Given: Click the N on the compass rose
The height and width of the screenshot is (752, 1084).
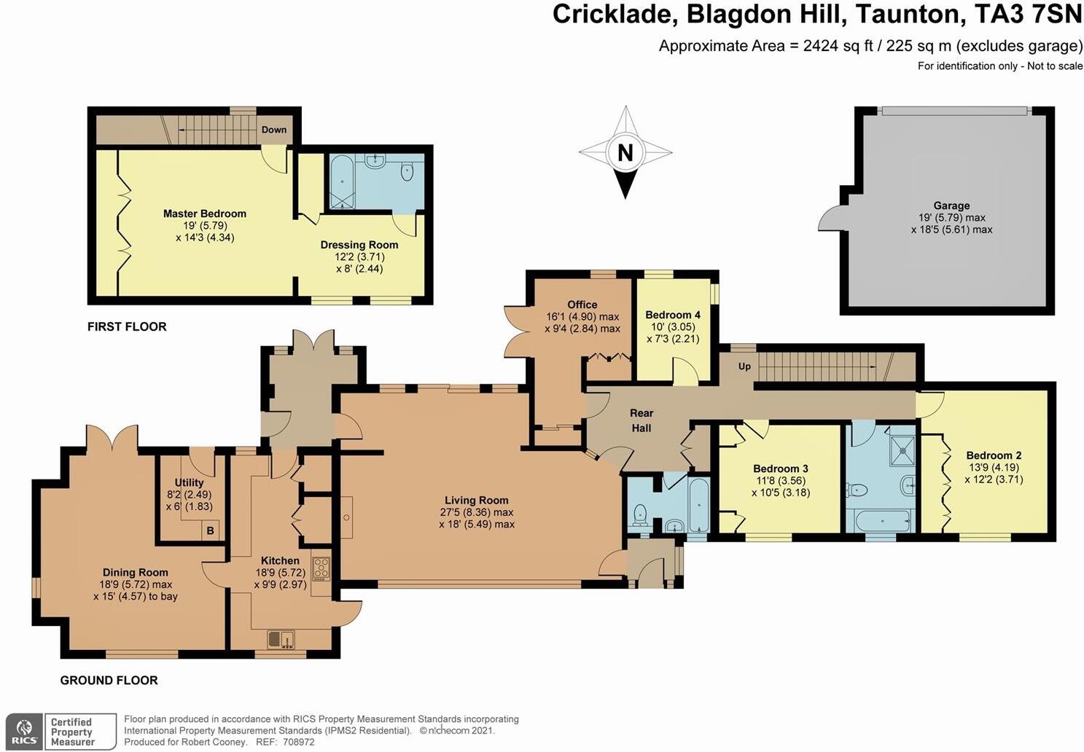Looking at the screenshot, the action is click(x=625, y=153).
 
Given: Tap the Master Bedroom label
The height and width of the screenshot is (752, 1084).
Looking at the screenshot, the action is click(x=205, y=214).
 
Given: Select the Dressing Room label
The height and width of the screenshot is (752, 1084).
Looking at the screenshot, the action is click(x=359, y=245).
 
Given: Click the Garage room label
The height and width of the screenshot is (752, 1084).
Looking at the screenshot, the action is click(x=951, y=205).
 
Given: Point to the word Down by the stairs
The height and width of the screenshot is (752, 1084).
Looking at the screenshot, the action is click(x=274, y=130).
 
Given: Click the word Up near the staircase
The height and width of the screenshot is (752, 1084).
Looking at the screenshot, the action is click(x=744, y=366).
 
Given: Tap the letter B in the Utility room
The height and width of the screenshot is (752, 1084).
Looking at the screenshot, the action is click(x=210, y=530).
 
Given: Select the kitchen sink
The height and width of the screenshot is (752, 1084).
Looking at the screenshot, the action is click(x=281, y=639).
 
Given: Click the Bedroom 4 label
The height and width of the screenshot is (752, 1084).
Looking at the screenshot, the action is click(x=673, y=315).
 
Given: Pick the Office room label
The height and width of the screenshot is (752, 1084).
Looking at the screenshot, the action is click(x=582, y=305).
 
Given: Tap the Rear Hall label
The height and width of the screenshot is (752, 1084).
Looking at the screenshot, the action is click(x=642, y=420).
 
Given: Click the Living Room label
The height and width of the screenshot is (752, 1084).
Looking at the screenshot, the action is click(x=477, y=500).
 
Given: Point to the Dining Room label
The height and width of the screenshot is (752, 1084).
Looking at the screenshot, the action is click(x=135, y=573).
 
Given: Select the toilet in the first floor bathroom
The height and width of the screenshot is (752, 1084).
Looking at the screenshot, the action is click(x=408, y=171).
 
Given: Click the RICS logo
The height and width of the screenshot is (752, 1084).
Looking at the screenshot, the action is click(x=24, y=731).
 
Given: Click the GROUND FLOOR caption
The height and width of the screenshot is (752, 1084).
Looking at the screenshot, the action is click(x=109, y=681).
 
